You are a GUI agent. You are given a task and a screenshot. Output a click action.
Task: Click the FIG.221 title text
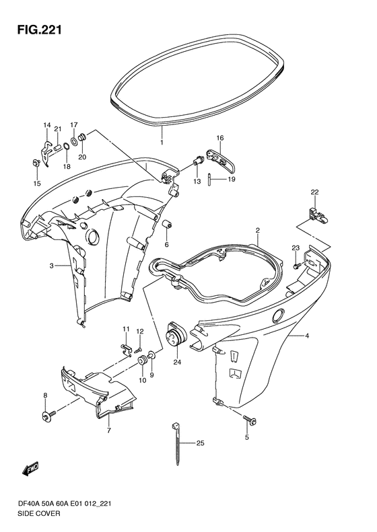click(x=40, y=30)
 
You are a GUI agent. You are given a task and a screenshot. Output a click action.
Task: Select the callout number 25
click(x=201, y=443)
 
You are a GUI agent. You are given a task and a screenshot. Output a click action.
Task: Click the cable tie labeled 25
click(x=177, y=443)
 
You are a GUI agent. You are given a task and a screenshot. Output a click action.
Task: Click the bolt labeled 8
click(x=48, y=414)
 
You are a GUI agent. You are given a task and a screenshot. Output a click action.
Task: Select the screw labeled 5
click(x=250, y=420)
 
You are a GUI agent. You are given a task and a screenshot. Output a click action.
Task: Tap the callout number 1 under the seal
click(x=162, y=142)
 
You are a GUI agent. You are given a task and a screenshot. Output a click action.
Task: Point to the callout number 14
click(x=47, y=125)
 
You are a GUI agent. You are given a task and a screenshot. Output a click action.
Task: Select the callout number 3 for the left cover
click(x=51, y=266)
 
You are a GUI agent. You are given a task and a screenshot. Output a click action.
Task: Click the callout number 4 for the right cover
click(x=307, y=336)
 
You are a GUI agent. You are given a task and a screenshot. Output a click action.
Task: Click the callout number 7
click(x=109, y=430)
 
